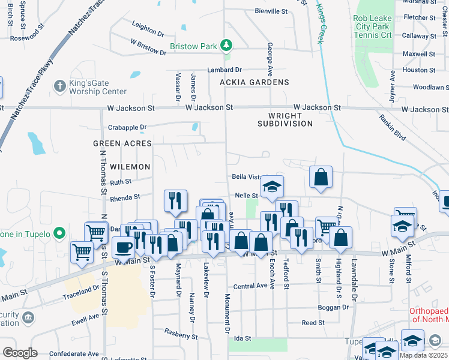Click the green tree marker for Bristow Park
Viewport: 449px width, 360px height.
(x=226, y=46)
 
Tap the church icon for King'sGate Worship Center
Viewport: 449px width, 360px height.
(x=59, y=86)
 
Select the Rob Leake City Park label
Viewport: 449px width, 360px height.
(x=373, y=27)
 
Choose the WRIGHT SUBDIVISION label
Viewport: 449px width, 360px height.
(x=285, y=119)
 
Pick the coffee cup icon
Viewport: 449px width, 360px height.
(x=124, y=247)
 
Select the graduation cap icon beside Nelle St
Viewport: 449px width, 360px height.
(x=272, y=187)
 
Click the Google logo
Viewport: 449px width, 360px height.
(x=20, y=352)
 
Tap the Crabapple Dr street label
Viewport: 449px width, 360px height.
(x=128, y=127)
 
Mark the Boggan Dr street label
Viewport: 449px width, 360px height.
(x=333, y=307)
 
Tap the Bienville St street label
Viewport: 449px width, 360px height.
(x=271, y=11)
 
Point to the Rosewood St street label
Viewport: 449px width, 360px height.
(x=27, y=37)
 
